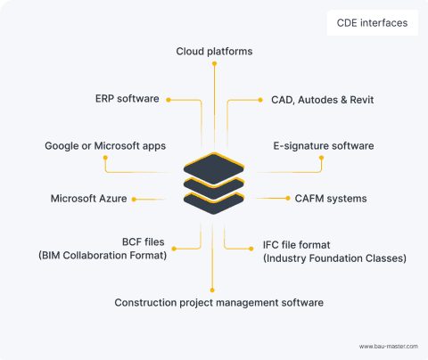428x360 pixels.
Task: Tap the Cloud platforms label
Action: coord(214,52)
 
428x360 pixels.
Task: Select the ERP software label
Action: coord(127,98)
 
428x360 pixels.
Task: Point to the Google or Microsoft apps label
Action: coord(105,145)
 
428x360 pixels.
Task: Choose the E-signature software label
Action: coord(323,145)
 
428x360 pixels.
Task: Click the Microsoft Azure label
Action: coord(87,199)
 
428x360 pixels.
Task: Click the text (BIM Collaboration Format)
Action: coord(103,257)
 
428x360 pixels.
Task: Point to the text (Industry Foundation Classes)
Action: coord(334,258)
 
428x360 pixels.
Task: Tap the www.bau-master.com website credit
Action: coord(389,346)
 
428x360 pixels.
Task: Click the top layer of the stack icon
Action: coord(213,166)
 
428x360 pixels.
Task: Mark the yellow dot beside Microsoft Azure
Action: coord(134,199)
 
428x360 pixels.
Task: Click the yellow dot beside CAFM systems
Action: coord(285,199)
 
